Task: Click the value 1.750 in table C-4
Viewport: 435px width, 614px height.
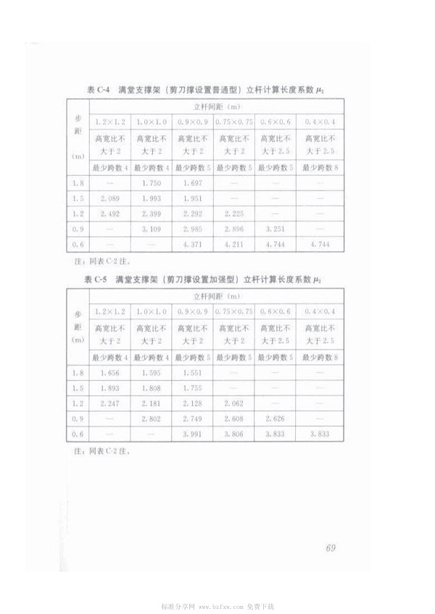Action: [152, 184]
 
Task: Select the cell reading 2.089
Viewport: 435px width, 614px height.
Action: [109, 198]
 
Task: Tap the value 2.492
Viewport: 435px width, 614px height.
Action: [109, 214]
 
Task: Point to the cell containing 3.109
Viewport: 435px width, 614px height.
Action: [152, 229]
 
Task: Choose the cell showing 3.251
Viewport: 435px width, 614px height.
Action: [276, 229]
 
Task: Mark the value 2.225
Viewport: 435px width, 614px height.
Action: [234, 214]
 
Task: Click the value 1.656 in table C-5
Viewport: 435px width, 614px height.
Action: [109, 373]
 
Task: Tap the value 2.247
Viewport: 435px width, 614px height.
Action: [109, 403]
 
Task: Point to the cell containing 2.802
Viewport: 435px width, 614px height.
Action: [152, 419]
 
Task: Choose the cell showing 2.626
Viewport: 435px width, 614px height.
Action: [276, 419]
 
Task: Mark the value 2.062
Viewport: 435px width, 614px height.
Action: [234, 403]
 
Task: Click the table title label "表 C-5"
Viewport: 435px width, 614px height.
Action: [96, 278]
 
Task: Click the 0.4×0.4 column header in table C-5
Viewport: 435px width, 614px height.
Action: [319, 311]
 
